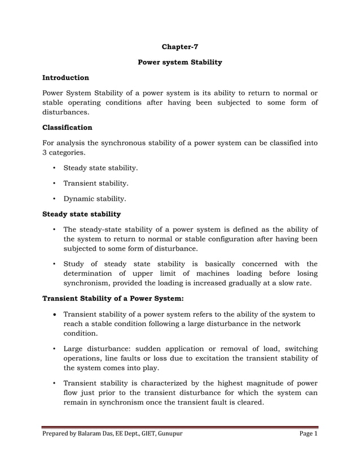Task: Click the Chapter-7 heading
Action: point(179,46)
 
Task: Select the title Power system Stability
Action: point(179,62)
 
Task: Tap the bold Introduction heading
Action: point(66,77)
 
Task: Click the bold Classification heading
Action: point(67,128)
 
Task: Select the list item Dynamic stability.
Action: point(94,199)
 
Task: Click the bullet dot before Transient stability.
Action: point(54,183)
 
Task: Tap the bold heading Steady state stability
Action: point(82,214)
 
